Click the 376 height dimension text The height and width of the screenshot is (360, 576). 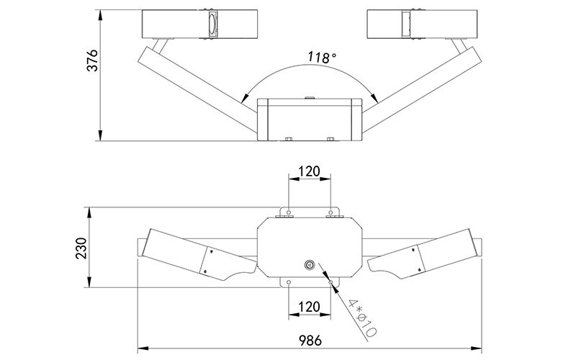(x=92, y=60)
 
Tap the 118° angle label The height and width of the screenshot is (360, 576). (x=322, y=58)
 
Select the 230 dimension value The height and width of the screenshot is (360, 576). (x=81, y=248)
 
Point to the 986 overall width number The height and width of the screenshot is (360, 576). (x=310, y=340)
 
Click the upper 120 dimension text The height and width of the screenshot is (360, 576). (x=310, y=171)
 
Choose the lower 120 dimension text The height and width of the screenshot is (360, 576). (x=310, y=307)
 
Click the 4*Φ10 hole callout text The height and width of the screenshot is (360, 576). (x=362, y=318)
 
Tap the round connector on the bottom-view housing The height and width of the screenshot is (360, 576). (x=310, y=264)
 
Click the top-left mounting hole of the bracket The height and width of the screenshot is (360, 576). (x=289, y=212)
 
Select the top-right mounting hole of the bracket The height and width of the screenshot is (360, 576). (x=330, y=212)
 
